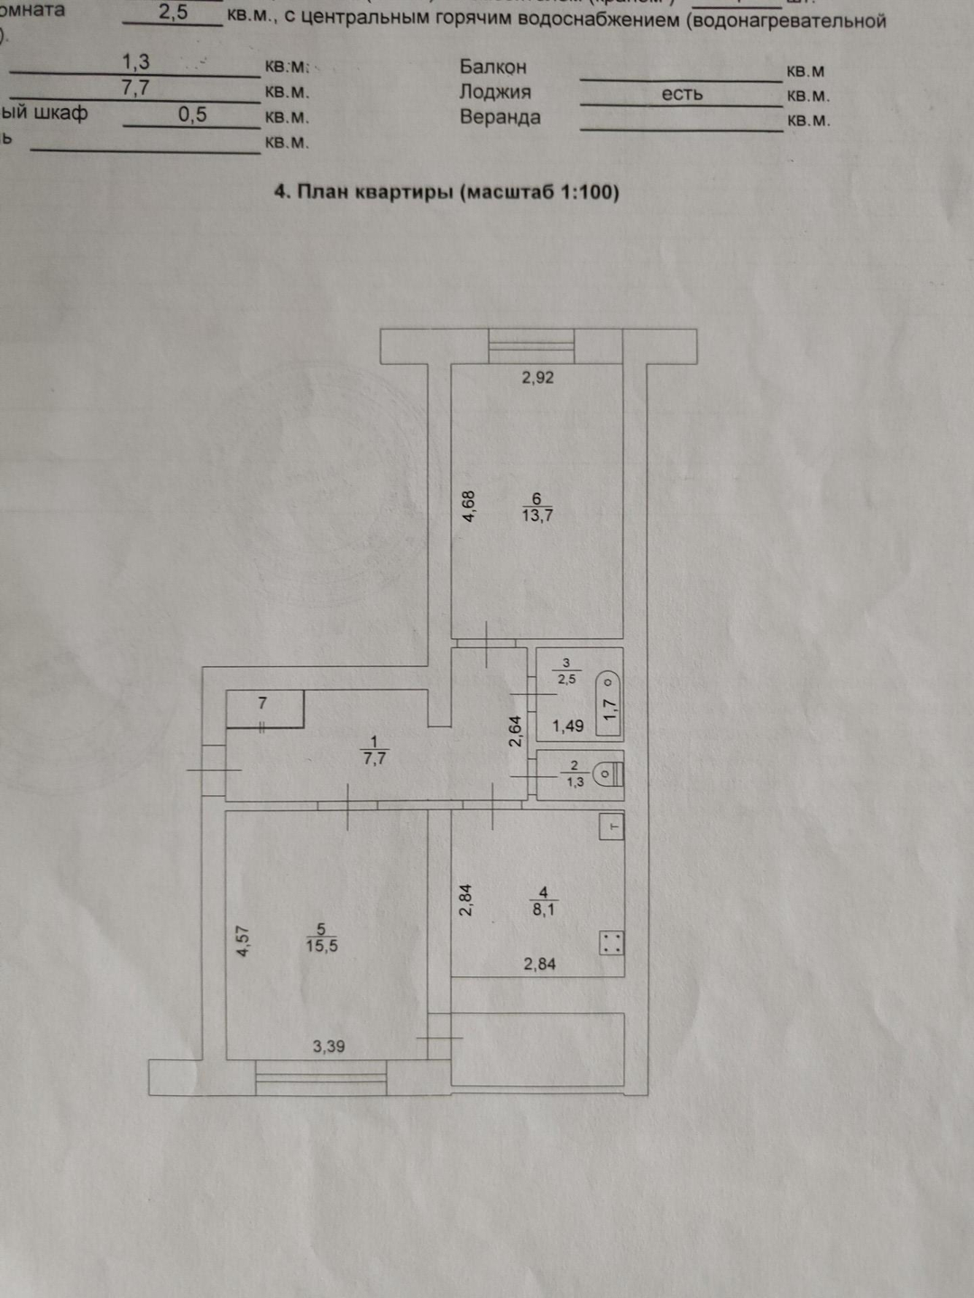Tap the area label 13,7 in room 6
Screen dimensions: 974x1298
(x=538, y=516)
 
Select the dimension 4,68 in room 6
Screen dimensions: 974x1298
(x=468, y=507)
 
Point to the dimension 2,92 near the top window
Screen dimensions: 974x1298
(x=538, y=378)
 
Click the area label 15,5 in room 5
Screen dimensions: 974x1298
(x=321, y=946)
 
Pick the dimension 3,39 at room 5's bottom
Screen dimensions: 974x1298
(x=328, y=1047)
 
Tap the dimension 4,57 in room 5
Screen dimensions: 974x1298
(x=242, y=941)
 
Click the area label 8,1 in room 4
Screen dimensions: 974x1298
(x=544, y=910)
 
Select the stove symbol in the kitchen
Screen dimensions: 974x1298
(x=611, y=943)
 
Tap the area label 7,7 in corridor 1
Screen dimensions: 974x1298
(x=374, y=759)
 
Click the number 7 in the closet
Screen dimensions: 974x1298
(x=262, y=703)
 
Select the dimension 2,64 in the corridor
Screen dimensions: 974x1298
(x=515, y=731)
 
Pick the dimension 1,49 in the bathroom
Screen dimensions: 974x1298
(x=568, y=726)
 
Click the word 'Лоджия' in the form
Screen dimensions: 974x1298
(x=495, y=92)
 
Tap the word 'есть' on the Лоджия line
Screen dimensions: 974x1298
(x=682, y=94)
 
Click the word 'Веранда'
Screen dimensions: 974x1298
(x=500, y=117)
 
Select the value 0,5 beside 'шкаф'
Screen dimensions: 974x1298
(x=192, y=114)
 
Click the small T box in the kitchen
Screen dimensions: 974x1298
(x=612, y=827)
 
